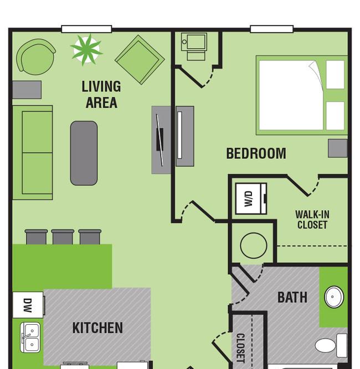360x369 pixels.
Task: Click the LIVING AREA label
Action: [x=101, y=94]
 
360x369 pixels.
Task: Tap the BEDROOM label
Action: [x=256, y=153]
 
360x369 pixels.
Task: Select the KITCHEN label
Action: [x=97, y=328]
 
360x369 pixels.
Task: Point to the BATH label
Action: [x=292, y=297]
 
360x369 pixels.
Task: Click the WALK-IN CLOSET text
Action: [x=312, y=220]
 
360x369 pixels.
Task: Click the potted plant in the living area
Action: [x=87, y=49]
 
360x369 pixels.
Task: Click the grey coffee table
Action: [x=84, y=153]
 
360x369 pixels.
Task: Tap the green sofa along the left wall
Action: [x=33, y=152]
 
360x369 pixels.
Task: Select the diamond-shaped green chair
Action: [x=140, y=60]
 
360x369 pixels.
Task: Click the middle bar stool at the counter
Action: [x=63, y=237]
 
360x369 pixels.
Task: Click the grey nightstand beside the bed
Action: [x=337, y=148]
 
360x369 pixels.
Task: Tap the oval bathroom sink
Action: [x=333, y=297]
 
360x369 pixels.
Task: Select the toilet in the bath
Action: [x=330, y=345]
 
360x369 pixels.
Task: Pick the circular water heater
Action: [x=254, y=245]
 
